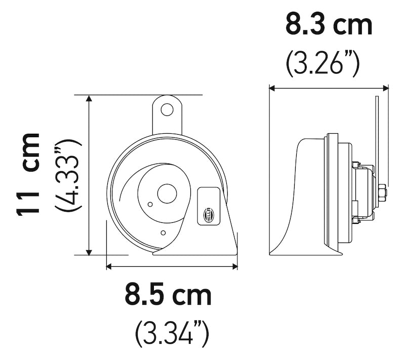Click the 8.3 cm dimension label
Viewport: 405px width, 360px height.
[329, 25]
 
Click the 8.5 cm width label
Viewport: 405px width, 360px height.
[169, 295]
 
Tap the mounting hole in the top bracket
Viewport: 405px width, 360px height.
[167, 109]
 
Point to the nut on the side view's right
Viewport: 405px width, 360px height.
[382, 192]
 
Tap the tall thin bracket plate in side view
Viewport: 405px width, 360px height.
[377, 132]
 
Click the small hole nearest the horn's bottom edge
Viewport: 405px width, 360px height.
[163, 232]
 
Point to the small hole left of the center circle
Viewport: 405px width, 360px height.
[150, 204]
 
